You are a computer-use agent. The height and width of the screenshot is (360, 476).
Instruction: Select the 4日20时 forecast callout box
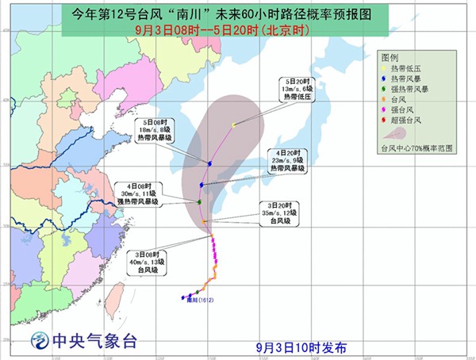286,160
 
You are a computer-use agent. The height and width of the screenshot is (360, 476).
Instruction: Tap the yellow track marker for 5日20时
233,124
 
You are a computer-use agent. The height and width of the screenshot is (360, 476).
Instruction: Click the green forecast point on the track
199,202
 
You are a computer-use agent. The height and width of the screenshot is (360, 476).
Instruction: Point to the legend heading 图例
390,59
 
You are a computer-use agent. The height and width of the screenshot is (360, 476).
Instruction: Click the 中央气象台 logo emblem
38,342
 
